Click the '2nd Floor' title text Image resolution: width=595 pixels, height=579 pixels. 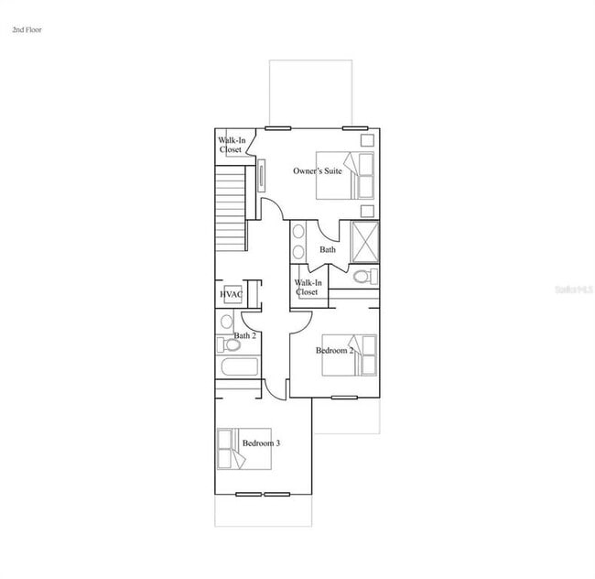tap(27, 30)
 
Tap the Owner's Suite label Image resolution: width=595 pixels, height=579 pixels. tap(317, 171)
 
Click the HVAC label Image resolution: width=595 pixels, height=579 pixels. tap(231, 294)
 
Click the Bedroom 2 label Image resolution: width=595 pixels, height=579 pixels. tap(334, 351)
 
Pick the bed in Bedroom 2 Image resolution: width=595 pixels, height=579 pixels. tap(351, 355)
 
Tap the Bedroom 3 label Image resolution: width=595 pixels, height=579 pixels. tap(261, 443)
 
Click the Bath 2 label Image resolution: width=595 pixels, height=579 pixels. tap(243, 335)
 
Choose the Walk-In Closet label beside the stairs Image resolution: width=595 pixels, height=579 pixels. tap(230, 145)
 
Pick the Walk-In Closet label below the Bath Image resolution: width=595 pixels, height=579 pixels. tap(307, 287)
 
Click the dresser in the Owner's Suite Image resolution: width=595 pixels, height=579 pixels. tap(263, 174)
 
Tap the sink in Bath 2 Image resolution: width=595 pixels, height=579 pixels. tap(226, 322)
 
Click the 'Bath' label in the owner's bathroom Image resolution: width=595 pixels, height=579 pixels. tap(327, 249)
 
